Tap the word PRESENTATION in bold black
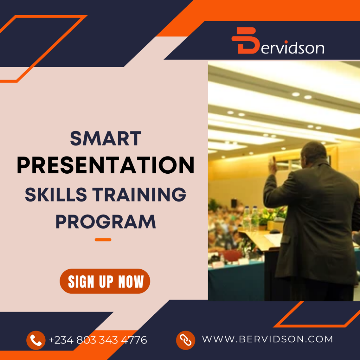click(105, 165)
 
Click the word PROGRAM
click(105, 222)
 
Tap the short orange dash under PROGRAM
click(103, 240)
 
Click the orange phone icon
click(36, 340)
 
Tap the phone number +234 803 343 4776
click(98, 340)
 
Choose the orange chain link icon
click(185, 340)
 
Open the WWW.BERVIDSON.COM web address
click(267, 339)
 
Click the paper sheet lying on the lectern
click(273, 239)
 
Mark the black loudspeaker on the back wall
click(234, 203)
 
